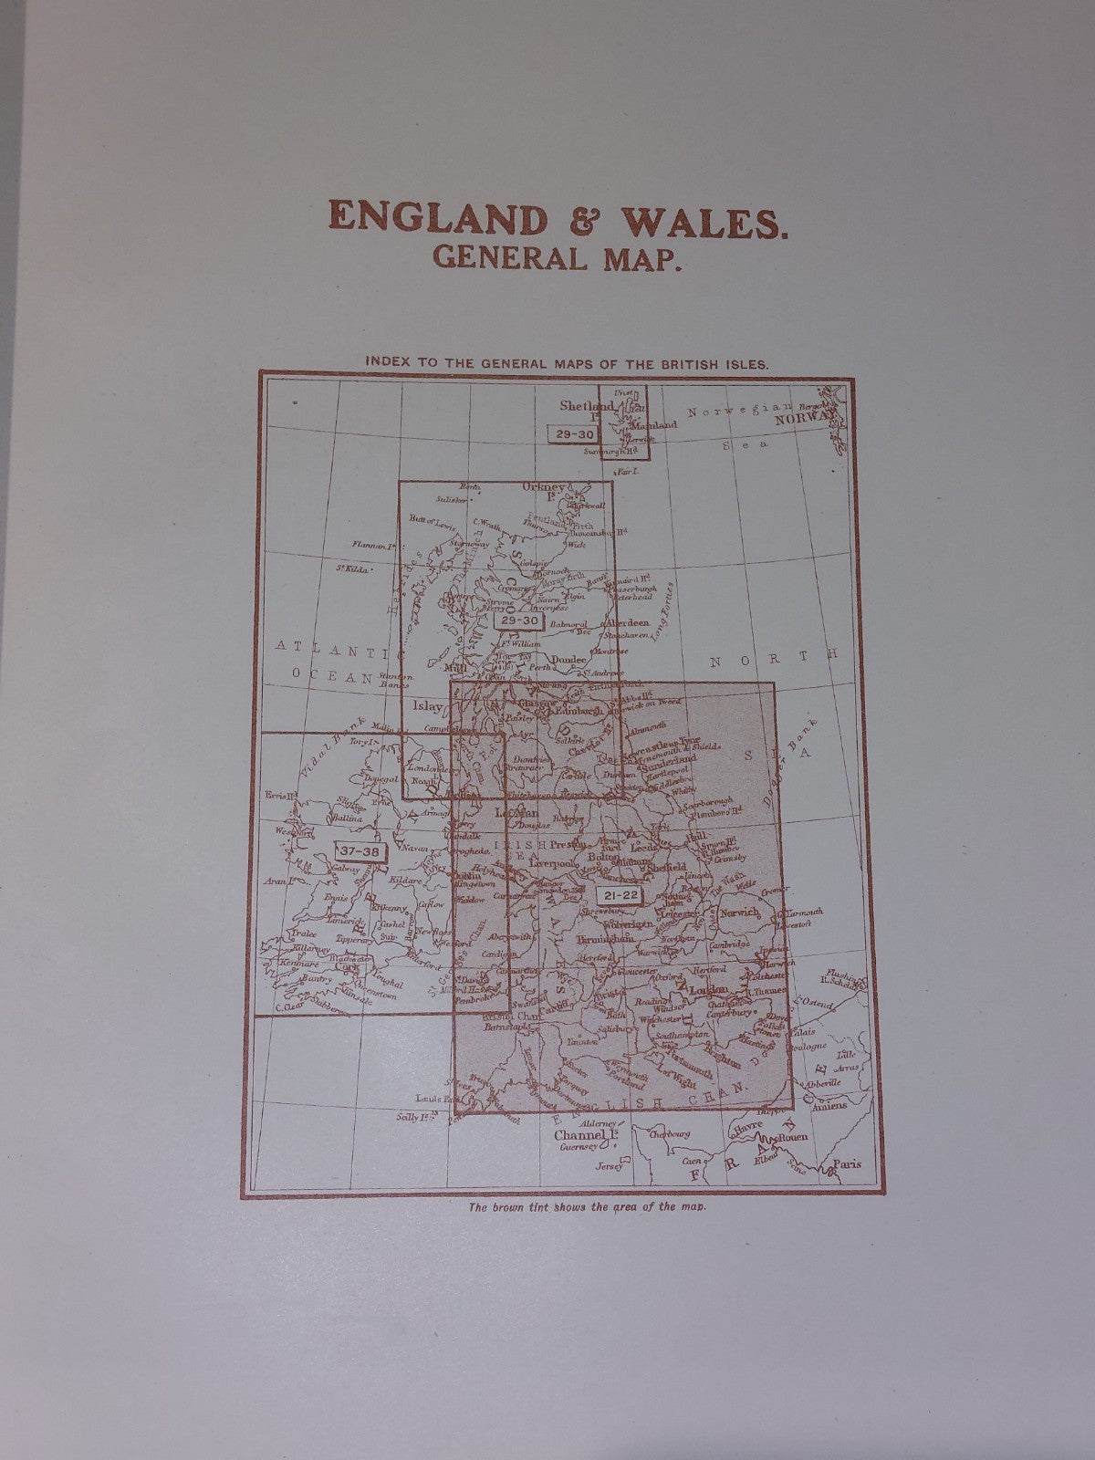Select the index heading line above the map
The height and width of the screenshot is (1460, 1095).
pos(567,361)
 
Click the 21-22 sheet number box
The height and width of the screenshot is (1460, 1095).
pos(625,895)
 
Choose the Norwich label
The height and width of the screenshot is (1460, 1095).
pos(738,912)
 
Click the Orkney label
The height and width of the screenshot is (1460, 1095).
pos(542,487)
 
